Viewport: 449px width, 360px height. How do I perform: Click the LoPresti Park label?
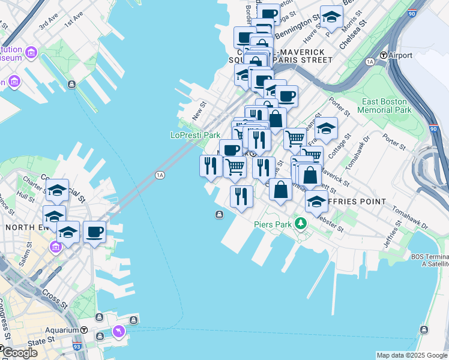pyautogui.click(x=195, y=136)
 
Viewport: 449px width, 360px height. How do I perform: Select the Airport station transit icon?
pyautogui.click(x=383, y=55)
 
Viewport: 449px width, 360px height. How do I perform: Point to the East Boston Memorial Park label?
pyautogui.click(x=384, y=106)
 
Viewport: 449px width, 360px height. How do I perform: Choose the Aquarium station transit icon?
pyautogui.click(x=83, y=331)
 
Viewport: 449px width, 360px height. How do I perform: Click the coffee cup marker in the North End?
pyautogui.click(x=95, y=231)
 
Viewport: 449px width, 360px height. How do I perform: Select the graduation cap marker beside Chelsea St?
pyautogui.click(x=331, y=18)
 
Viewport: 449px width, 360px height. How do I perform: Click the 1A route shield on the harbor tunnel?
pyautogui.click(x=159, y=175)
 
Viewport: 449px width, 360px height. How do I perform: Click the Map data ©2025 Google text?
pyautogui.click(x=411, y=355)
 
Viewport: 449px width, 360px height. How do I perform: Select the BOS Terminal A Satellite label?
pyautogui.click(x=429, y=260)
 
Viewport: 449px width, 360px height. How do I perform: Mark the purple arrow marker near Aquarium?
pyautogui.click(x=118, y=331)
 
